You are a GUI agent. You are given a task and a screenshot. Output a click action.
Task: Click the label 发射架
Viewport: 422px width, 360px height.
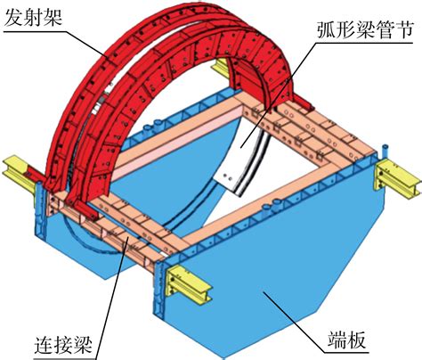[x=33, y=16]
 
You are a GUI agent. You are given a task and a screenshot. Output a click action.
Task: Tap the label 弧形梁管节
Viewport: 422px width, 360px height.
[x=365, y=29]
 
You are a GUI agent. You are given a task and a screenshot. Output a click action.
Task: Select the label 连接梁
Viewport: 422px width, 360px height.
[x=63, y=345]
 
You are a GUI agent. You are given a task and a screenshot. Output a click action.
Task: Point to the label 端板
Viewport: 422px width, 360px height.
[x=346, y=340]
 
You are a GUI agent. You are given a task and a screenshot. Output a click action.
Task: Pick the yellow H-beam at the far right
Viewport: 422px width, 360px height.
[x=400, y=177]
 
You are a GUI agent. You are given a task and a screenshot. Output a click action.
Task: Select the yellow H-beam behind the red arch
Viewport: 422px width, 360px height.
[x=221, y=68]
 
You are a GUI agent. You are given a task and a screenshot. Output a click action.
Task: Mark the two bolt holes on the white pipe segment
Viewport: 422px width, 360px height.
[x=229, y=178]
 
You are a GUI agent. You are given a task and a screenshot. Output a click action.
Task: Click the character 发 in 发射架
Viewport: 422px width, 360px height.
[x=13, y=16]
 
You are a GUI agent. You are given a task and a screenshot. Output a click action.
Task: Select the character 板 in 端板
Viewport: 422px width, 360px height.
[x=356, y=340]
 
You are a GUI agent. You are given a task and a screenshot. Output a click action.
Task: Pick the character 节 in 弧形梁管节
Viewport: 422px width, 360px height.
[x=403, y=29]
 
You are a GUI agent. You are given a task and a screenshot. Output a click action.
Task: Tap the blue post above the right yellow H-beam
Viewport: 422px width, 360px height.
[x=385, y=151]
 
